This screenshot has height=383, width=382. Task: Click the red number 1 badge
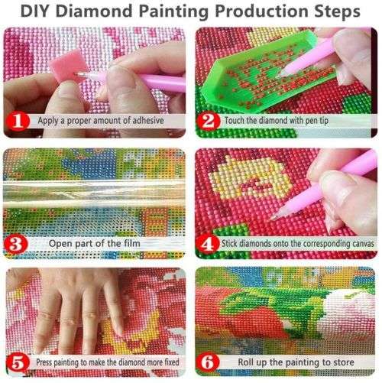(20, 120)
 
